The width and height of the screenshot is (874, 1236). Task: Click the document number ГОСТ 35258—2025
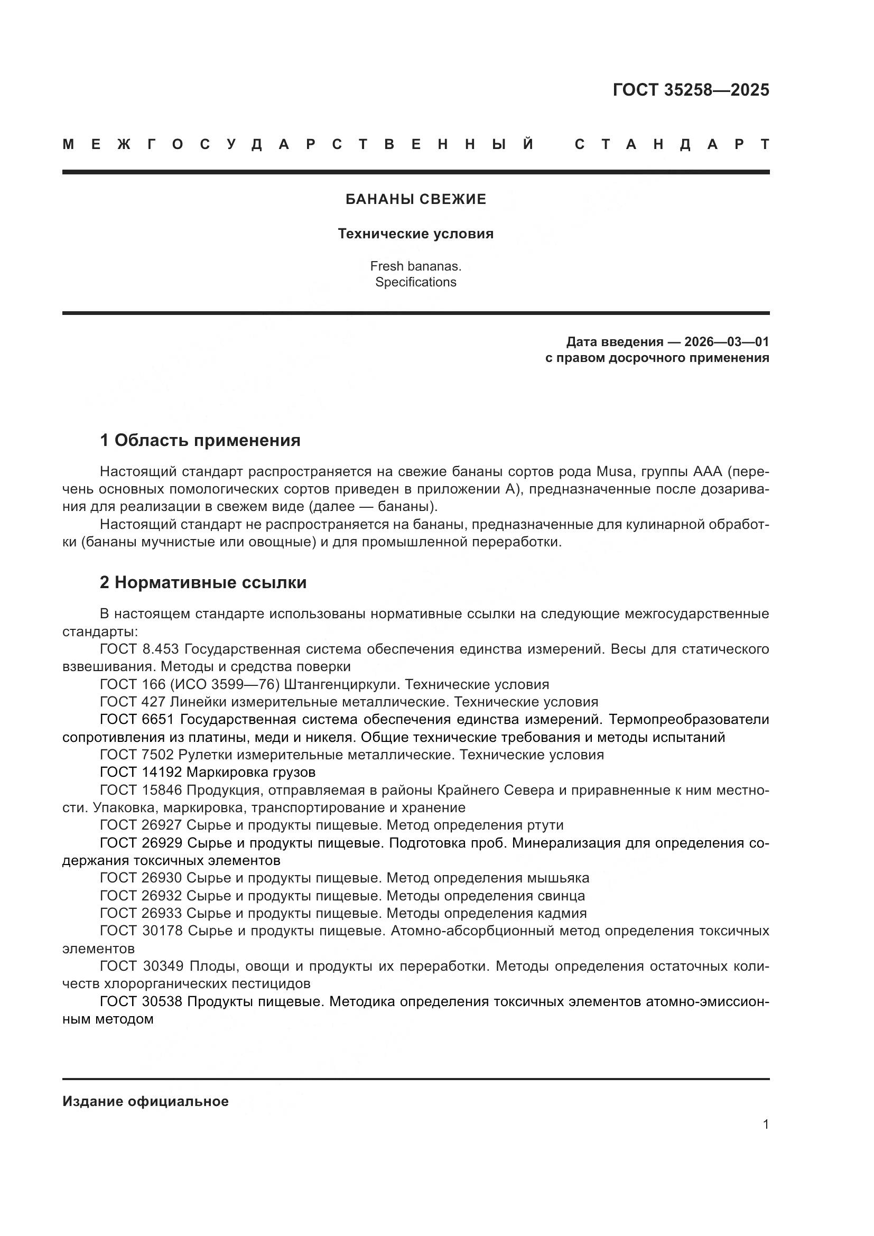pyautogui.click(x=691, y=89)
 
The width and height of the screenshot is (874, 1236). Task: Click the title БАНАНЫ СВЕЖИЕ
pyautogui.click(x=415, y=199)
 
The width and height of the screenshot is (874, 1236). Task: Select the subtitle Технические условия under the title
pyautogui.click(x=415, y=234)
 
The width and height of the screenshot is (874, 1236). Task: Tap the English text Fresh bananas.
pyautogui.click(x=415, y=266)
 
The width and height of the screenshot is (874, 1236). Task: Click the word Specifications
pyautogui.click(x=415, y=282)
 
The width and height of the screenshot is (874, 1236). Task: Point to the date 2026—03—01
pyautogui.click(x=726, y=342)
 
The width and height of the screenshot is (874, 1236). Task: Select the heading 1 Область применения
pyautogui.click(x=200, y=440)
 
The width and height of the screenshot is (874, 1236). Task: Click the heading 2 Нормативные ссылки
pyautogui.click(x=203, y=582)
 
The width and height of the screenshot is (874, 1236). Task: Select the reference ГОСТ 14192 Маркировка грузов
pyautogui.click(x=208, y=773)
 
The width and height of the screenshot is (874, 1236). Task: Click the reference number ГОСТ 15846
pyautogui.click(x=141, y=790)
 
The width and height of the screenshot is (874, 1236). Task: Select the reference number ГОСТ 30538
pyautogui.click(x=141, y=1002)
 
